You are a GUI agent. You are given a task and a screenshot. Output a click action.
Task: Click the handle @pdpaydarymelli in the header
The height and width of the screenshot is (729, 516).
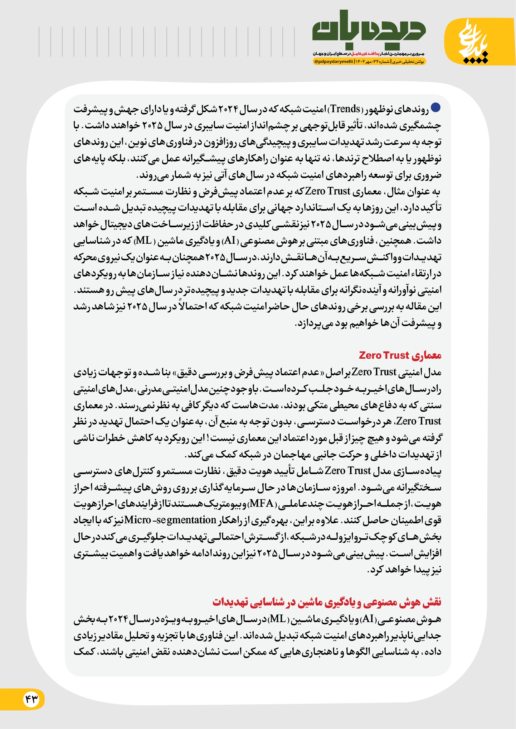point(333,62)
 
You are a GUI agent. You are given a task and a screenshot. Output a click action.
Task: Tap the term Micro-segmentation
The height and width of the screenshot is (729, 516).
point(170,520)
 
